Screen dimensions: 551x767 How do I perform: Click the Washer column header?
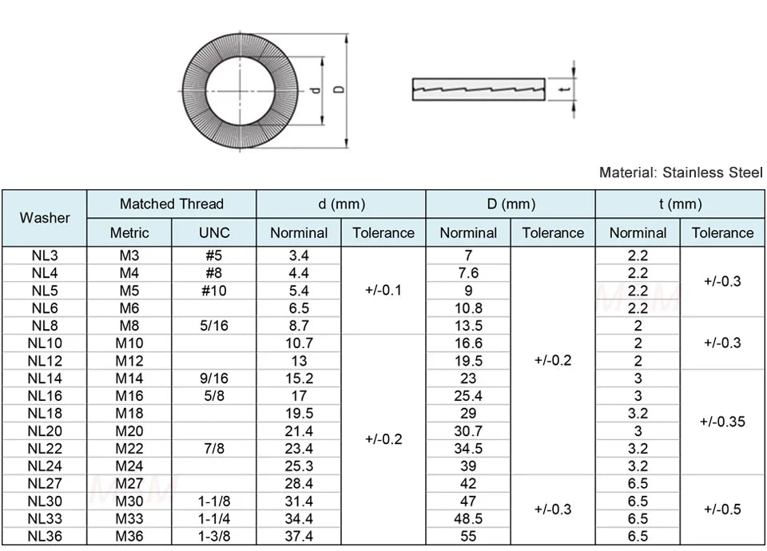point(45,218)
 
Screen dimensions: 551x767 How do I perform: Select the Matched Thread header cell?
point(171,204)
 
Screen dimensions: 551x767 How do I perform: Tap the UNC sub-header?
point(213,233)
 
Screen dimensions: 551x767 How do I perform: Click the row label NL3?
point(45,256)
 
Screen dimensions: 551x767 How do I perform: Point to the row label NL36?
point(45,537)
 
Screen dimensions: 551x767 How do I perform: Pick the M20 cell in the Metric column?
point(129,431)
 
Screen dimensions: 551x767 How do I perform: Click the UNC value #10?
point(213,291)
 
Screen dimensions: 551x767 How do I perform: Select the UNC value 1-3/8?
point(213,537)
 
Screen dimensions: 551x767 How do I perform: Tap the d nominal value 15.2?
point(299,379)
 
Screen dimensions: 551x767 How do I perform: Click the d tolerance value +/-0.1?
point(383,290)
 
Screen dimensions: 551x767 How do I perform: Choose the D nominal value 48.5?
point(468,519)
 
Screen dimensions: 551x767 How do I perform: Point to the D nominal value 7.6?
point(468,273)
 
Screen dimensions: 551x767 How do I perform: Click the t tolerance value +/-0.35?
point(721,422)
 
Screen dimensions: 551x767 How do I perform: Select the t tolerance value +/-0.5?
point(721,509)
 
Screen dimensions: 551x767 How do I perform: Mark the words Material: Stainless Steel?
point(681,172)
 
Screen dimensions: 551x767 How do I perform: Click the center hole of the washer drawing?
point(240,89)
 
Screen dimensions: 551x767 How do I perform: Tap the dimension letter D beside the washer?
point(339,89)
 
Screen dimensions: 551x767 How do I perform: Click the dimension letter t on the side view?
point(565,89)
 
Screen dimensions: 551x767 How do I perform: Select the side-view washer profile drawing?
point(478,89)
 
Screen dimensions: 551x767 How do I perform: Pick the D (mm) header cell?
point(511,204)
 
